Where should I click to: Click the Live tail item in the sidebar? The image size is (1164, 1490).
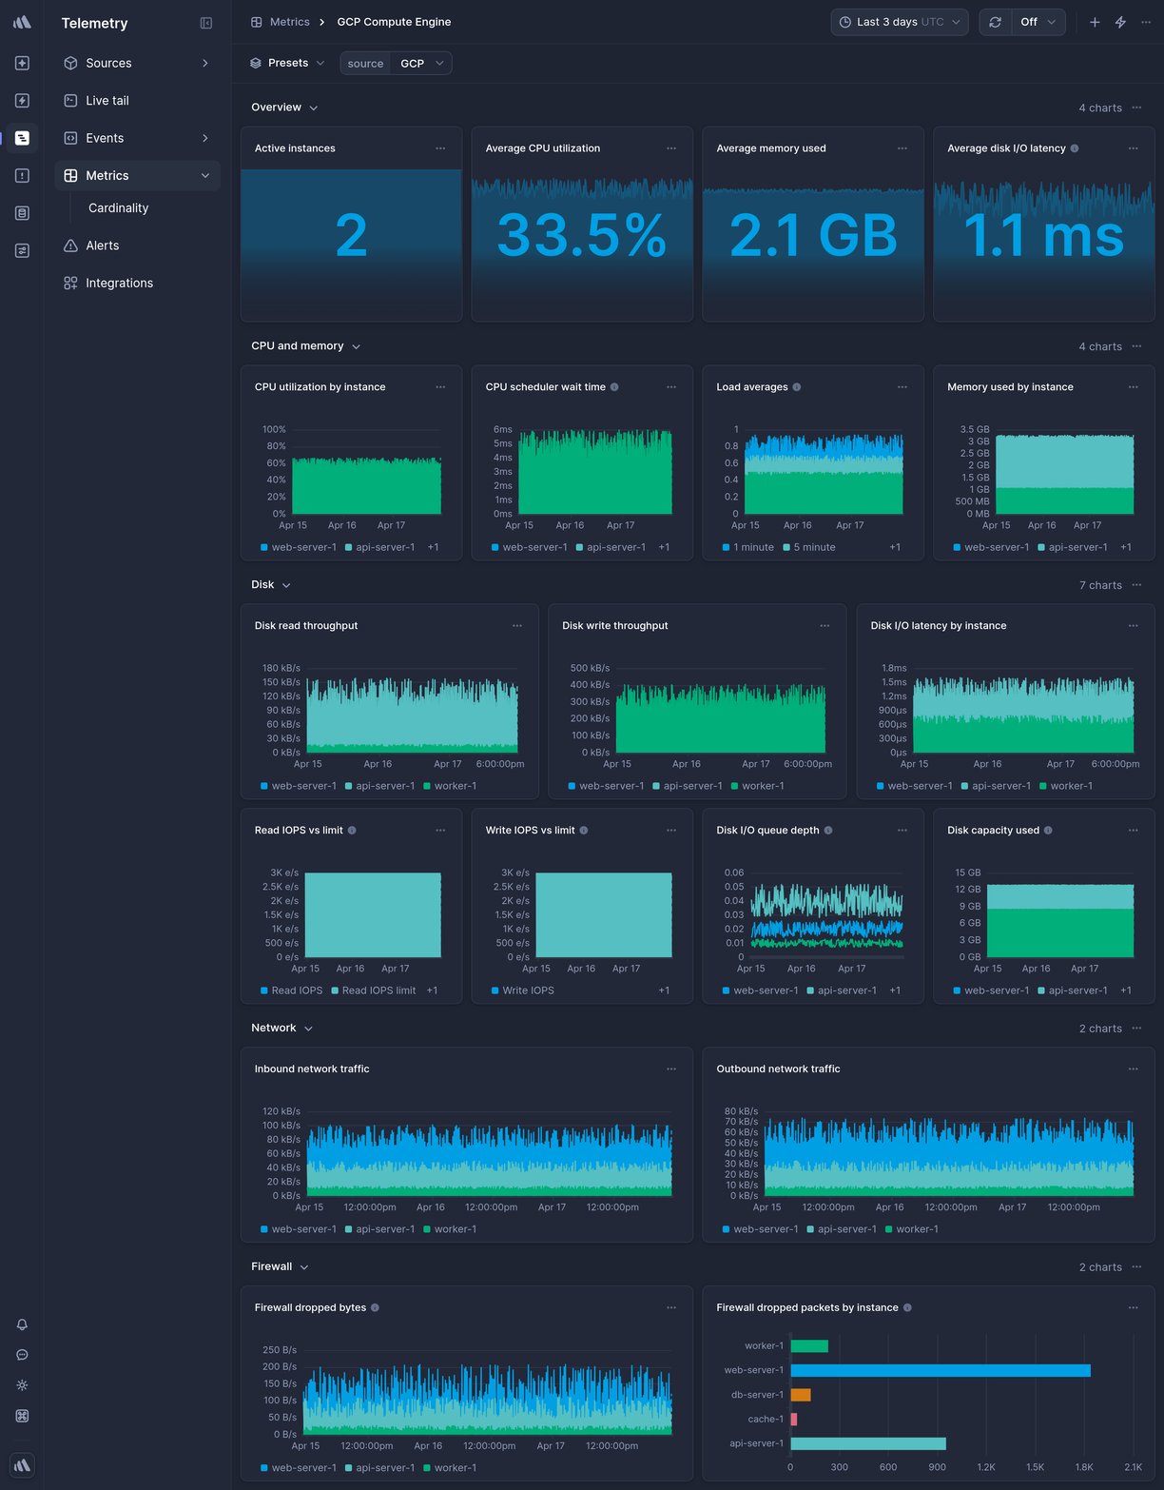[107, 101]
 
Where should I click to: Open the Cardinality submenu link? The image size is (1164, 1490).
[118, 208]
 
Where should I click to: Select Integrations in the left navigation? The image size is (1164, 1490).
[119, 284]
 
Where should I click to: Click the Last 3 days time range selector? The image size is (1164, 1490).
[899, 22]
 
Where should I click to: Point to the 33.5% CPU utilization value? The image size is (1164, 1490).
[581, 236]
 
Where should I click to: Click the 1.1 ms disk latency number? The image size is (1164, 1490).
[1043, 236]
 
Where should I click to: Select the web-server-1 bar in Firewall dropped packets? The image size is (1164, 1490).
[940, 1370]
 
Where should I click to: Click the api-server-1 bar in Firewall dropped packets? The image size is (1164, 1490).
[867, 1443]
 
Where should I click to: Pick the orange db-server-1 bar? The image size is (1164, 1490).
[800, 1395]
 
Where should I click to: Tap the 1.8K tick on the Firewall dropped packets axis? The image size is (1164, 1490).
[1084, 1467]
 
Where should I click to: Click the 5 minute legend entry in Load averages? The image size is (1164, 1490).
[813, 548]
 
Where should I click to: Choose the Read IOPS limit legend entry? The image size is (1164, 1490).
[378, 990]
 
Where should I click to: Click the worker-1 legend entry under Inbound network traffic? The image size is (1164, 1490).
[455, 1229]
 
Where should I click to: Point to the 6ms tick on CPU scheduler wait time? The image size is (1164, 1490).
[502, 430]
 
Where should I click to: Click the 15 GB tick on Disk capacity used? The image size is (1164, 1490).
[967, 872]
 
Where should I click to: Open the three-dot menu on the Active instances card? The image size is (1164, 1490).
[440, 148]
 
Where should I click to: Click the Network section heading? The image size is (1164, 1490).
[274, 1029]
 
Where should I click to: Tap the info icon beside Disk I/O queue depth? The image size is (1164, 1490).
[828, 831]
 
